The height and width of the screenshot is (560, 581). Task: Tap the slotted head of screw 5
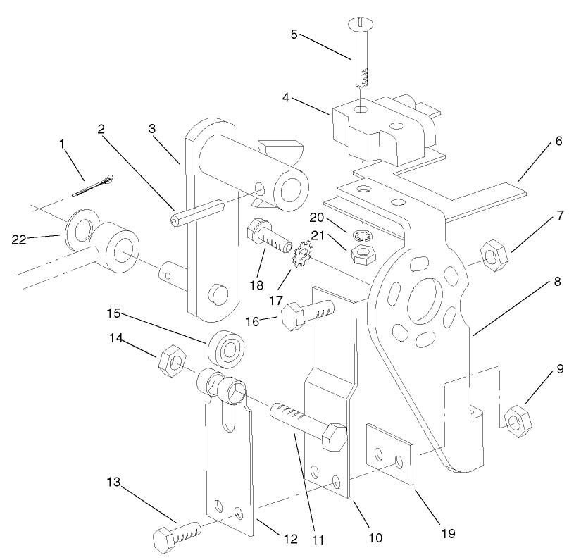(357, 25)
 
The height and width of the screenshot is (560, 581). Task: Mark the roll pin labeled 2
(194, 212)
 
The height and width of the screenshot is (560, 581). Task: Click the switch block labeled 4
(366, 127)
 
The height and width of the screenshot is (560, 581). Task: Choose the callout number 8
(557, 280)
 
